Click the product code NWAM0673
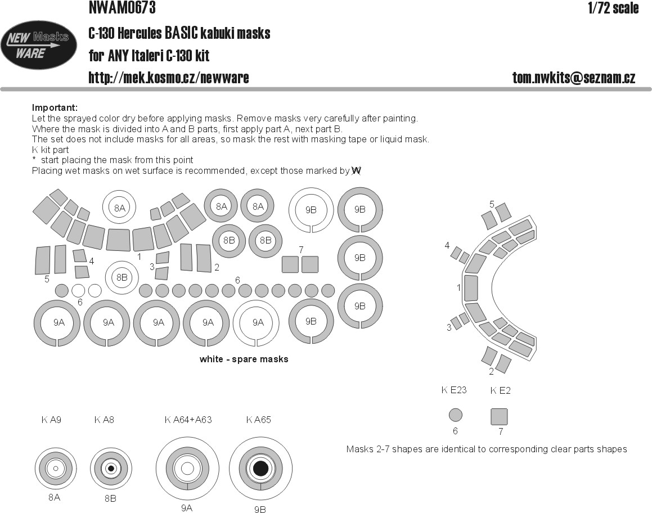pos(122,8)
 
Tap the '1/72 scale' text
pos(613,8)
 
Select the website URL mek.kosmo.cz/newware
pos(168,78)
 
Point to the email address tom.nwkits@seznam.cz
pos(573,78)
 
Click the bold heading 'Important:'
pos(55,107)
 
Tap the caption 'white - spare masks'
pos(244,359)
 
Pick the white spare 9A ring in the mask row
pos(258,322)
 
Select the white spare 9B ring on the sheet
pos(311,209)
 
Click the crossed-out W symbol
pos(356,170)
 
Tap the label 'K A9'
pos(51,420)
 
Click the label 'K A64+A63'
pos(188,420)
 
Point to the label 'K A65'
pos(259,420)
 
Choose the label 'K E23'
pos(454,390)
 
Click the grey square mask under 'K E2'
pos(500,416)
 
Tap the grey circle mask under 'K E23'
pos(456,415)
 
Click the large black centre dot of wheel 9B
pos(260,469)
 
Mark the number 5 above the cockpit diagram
pos(492,204)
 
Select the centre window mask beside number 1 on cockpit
pos(471,289)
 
